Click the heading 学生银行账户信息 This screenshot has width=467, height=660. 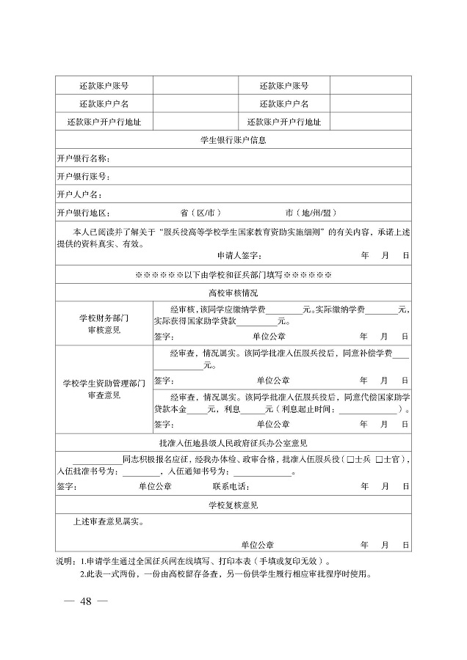(x=233, y=139)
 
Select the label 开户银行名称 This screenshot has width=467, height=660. (x=83, y=158)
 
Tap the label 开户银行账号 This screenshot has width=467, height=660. (x=83, y=176)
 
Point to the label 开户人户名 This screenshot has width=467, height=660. (x=79, y=194)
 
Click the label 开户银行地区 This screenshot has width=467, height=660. (x=83, y=213)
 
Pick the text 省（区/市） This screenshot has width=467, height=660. (x=201, y=213)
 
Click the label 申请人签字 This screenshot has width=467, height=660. (x=239, y=255)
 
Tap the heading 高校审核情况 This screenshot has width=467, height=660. (x=233, y=292)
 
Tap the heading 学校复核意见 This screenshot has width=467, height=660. (x=233, y=505)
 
